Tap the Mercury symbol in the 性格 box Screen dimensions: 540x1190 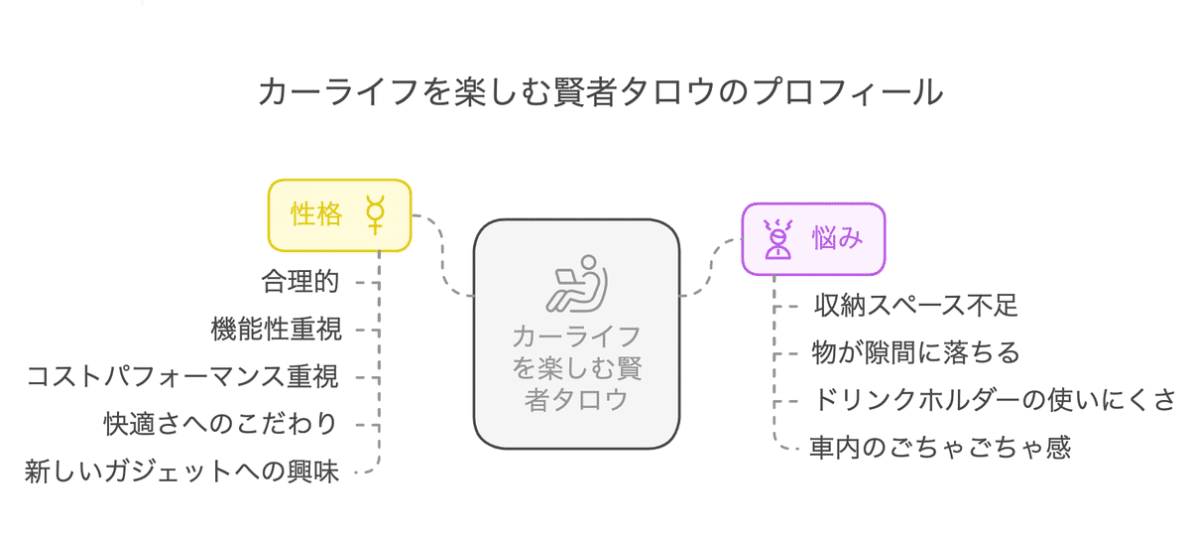tap(376, 214)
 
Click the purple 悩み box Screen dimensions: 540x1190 tap(813, 238)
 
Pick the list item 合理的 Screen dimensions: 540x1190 tap(300, 282)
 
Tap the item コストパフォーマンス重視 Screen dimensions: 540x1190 tap(182, 376)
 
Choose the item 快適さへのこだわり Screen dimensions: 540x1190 tap(220, 423)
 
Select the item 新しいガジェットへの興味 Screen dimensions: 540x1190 tap(182, 472)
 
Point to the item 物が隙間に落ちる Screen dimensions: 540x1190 tap(916, 352)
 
